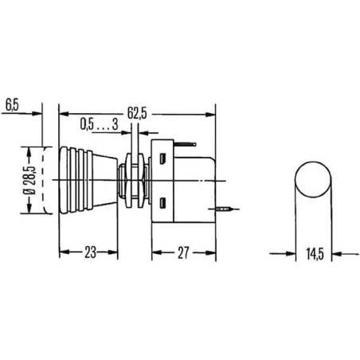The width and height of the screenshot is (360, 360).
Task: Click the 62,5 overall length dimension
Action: pyautogui.click(x=137, y=113)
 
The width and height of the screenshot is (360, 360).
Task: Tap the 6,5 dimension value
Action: pyautogui.click(x=12, y=105)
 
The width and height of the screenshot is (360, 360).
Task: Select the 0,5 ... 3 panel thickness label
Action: pyautogui.click(x=99, y=124)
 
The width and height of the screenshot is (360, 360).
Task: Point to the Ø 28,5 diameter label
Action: pyautogui.click(x=29, y=180)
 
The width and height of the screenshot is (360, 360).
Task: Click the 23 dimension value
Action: pyautogui.click(x=90, y=252)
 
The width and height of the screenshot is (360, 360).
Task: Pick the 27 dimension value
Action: pyautogui.click(x=183, y=252)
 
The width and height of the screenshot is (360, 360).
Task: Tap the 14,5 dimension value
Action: pyautogui.click(x=315, y=254)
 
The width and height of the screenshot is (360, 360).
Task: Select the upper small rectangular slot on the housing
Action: pyautogui.click(x=162, y=158)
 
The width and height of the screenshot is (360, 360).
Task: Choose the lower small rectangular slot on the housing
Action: pyautogui.click(x=162, y=203)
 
